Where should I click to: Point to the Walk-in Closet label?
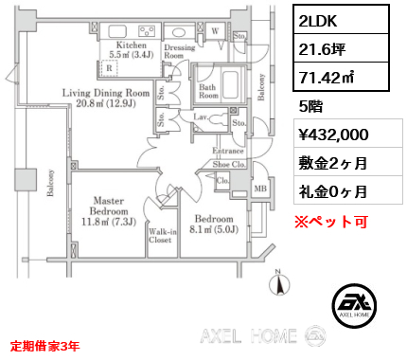click(163, 236)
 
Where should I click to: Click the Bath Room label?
click(208, 91)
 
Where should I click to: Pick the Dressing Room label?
click(180, 51)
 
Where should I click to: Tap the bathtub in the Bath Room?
click(230, 85)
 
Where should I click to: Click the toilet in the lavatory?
click(218, 119)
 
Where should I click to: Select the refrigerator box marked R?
click(109, 68)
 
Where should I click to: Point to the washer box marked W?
click(215, 31)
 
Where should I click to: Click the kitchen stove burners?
click(147, 31)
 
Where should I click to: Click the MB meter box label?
click(260, 189)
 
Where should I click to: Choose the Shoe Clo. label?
click(229, 164)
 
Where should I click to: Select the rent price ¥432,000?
click(333, 135)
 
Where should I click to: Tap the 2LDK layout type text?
click(318, 21)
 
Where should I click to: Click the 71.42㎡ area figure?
click(327, 77)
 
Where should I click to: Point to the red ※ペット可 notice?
click(331, 222)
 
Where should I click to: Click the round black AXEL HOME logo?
click(354, 305)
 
